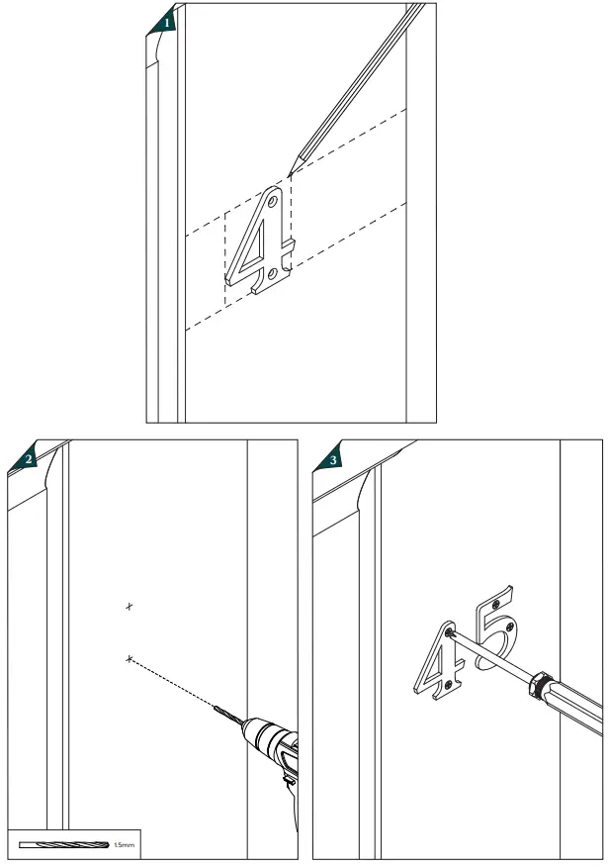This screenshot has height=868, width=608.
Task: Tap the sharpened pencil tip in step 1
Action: pyautogui.click(x=291, y=173)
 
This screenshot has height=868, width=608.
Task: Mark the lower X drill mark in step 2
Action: pyautogui.click(x=129, y=658)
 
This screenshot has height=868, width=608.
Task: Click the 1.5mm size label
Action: pyautogui.click(x=124, y=845)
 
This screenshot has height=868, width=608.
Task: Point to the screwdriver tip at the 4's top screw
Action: pyautogui.click(x=452, y=631)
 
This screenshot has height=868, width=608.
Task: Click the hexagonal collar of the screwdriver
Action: pyautogui.click(x=540, y=685)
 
